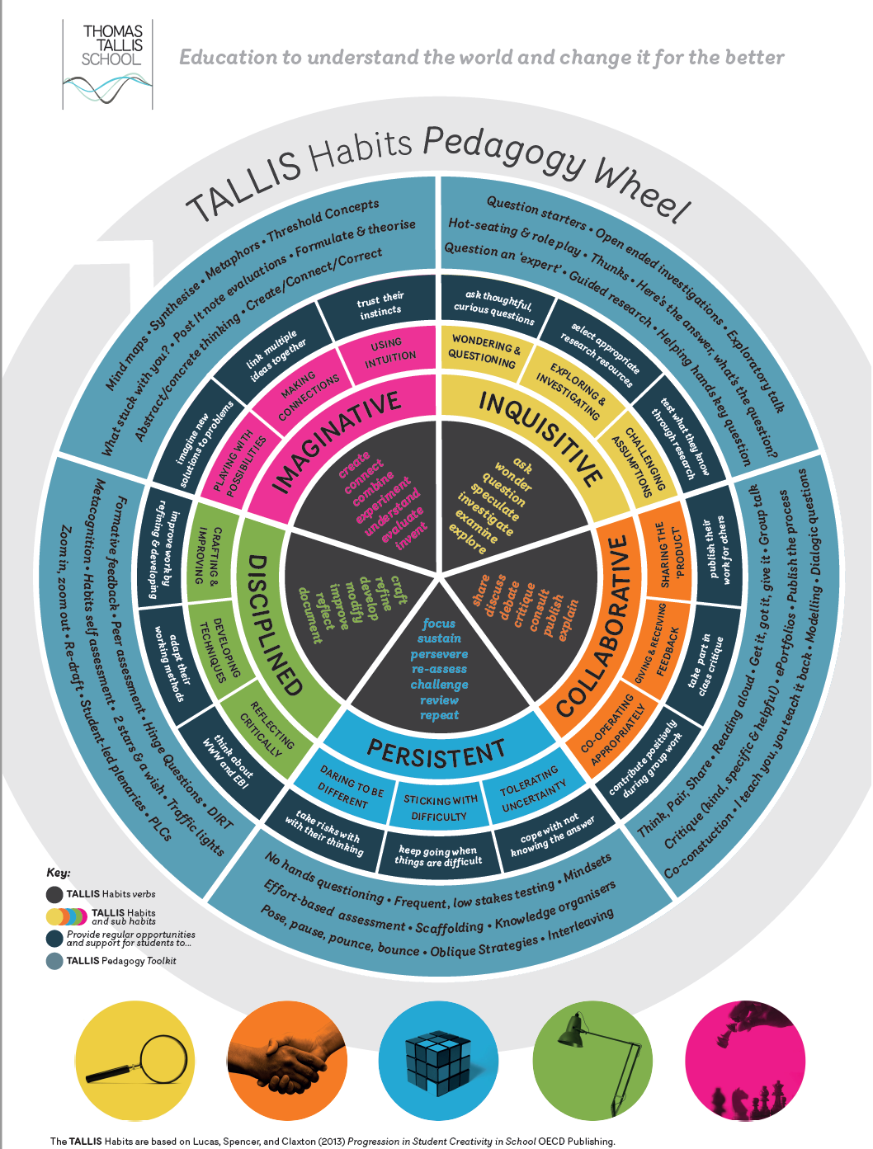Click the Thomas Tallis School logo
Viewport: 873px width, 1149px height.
coord(107,64)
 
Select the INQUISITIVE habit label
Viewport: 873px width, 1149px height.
coord(541,437)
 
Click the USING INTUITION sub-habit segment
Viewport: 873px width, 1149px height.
coord(389,351)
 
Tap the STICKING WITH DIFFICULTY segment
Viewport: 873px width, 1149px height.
coord(440,808)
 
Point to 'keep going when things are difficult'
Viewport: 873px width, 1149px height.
coord(438,856)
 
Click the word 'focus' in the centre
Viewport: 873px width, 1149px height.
coord(439,624)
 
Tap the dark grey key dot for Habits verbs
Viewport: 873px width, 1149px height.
coord(54,894)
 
